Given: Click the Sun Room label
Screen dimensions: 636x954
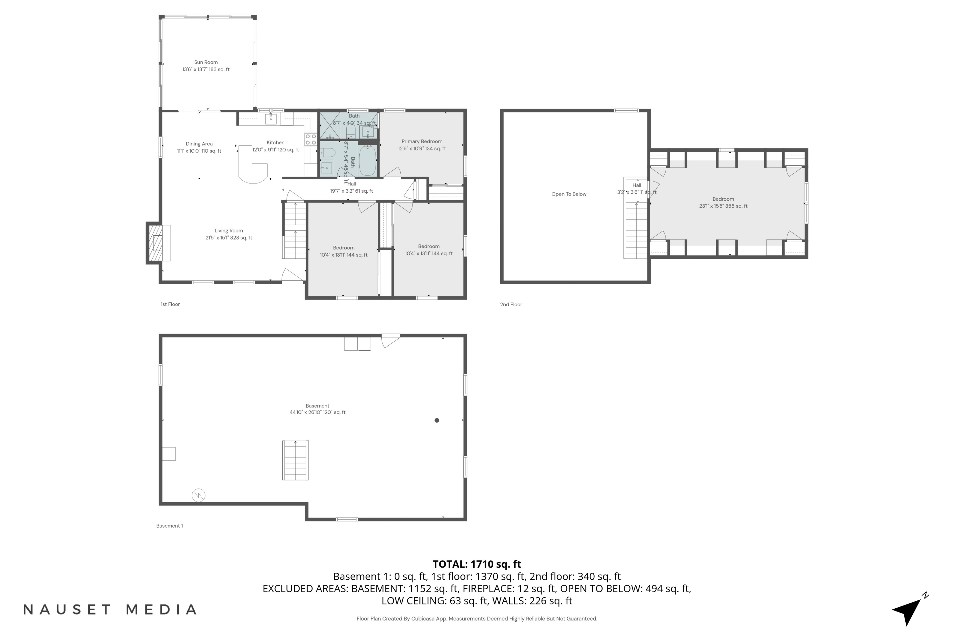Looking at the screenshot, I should coord(206,62).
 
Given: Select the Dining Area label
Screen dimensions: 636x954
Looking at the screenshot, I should coord(199,144).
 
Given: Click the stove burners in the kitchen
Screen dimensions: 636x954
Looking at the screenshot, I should coord(311,140).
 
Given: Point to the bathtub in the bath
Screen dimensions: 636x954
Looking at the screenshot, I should coord(368,161).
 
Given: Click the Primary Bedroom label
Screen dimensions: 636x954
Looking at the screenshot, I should coord(422,142).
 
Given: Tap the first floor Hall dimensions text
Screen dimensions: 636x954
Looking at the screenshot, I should coord(351,191).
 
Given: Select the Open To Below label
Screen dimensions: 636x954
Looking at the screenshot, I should coord(569,194).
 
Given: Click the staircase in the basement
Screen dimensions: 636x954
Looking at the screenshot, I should coord(295,460).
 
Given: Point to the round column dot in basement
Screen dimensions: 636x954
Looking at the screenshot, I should coord(437,420).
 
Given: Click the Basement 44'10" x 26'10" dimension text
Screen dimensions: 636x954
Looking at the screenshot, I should coord(317,412).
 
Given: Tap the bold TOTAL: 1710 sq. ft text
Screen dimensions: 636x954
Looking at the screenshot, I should coord(477,564).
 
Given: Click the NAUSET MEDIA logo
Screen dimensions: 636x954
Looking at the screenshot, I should coord(110,609).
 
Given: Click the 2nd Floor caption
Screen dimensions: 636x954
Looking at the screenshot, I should coord(511,305).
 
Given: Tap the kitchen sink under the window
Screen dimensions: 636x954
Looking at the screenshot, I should coord(271,119).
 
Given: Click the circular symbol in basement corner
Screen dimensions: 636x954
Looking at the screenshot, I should coord(198,495).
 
